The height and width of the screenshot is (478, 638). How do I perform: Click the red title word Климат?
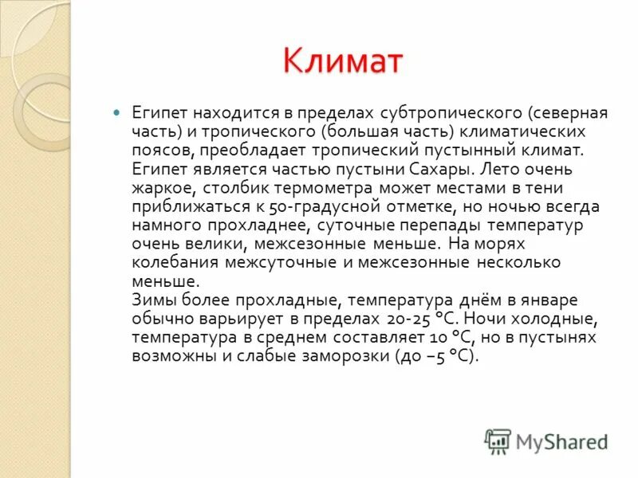tap(343, 61)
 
